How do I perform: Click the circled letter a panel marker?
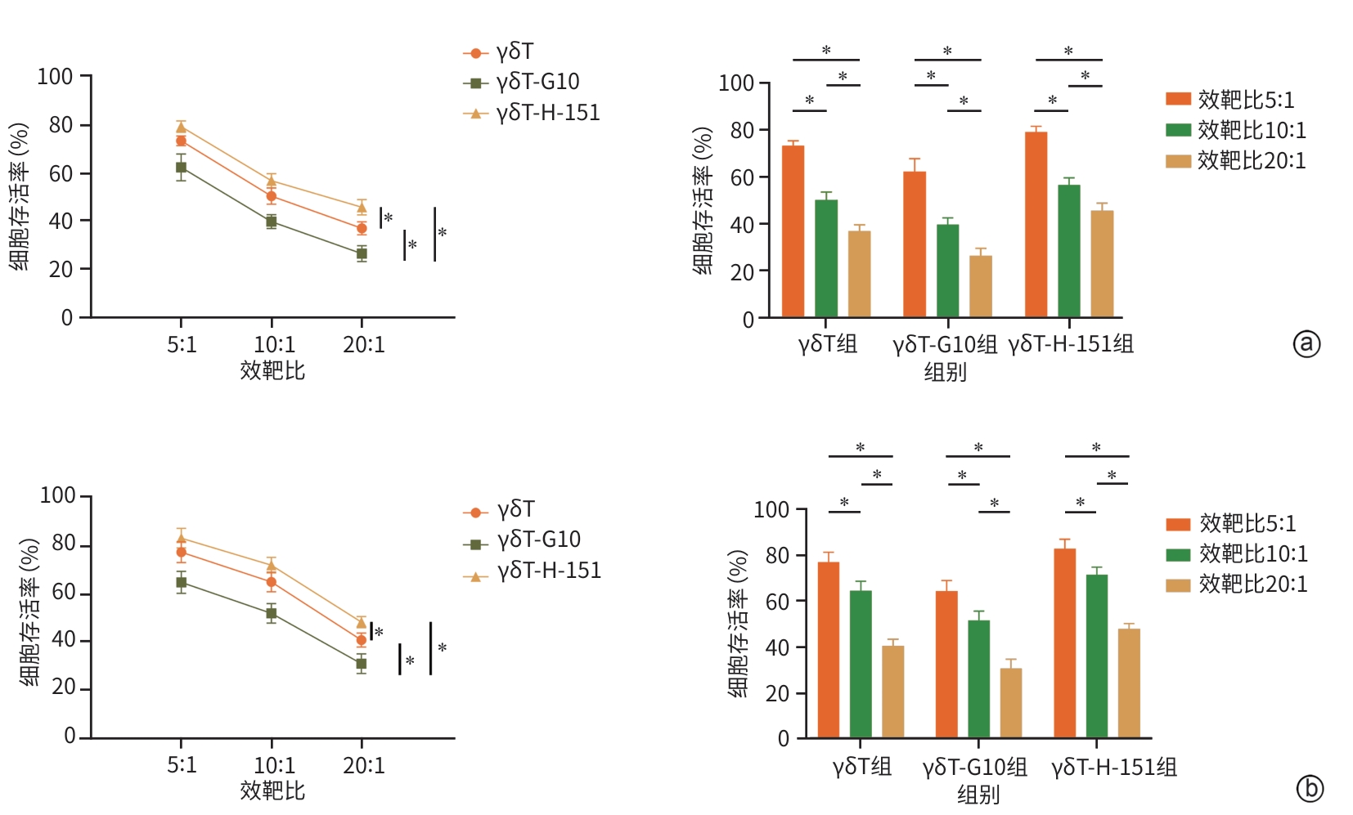tap(1306, 343)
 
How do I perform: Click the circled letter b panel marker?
tap(1310, 788)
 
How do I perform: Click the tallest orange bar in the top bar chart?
tap(1036, 224)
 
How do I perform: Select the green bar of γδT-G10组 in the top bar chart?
tap(947, 271)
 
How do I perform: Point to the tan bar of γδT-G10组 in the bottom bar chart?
tap(1011, 703)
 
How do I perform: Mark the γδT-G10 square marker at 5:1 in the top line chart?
tap(181, 168)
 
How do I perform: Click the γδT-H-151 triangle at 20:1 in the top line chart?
tap(362, 208)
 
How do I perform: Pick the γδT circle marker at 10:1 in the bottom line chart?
tap(272, 582)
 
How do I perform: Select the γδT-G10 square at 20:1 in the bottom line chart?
tap(361, 664)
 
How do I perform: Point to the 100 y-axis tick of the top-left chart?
tap(55, 77)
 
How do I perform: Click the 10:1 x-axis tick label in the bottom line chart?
tap(274, 765)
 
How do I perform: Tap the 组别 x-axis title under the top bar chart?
tap(945, 372)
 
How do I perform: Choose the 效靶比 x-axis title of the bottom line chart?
tap(272, 790)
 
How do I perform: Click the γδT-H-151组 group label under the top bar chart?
tap(1071, 344)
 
